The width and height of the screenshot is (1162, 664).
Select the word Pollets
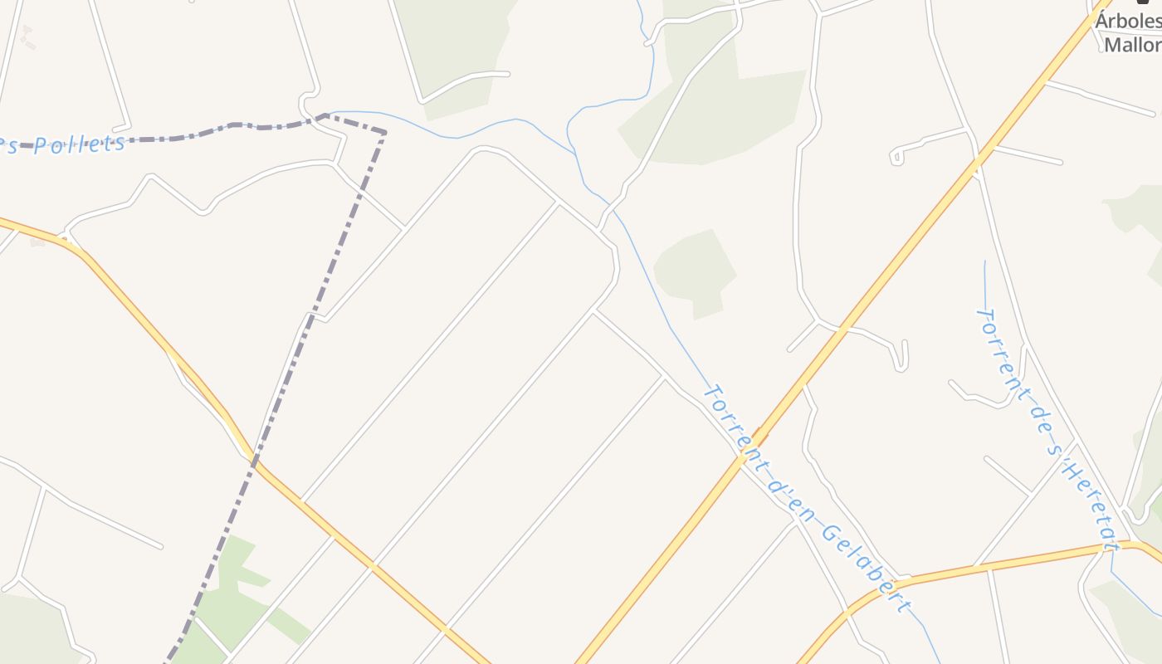[x=80, y=145]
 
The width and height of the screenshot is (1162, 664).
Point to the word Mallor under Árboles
[x=1134, y=44]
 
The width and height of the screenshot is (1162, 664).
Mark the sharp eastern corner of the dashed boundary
[x=384, y=131]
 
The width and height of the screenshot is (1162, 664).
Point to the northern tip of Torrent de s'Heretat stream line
[x=985, y=262]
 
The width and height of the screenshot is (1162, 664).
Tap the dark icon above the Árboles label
[x=1143, y=2]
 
